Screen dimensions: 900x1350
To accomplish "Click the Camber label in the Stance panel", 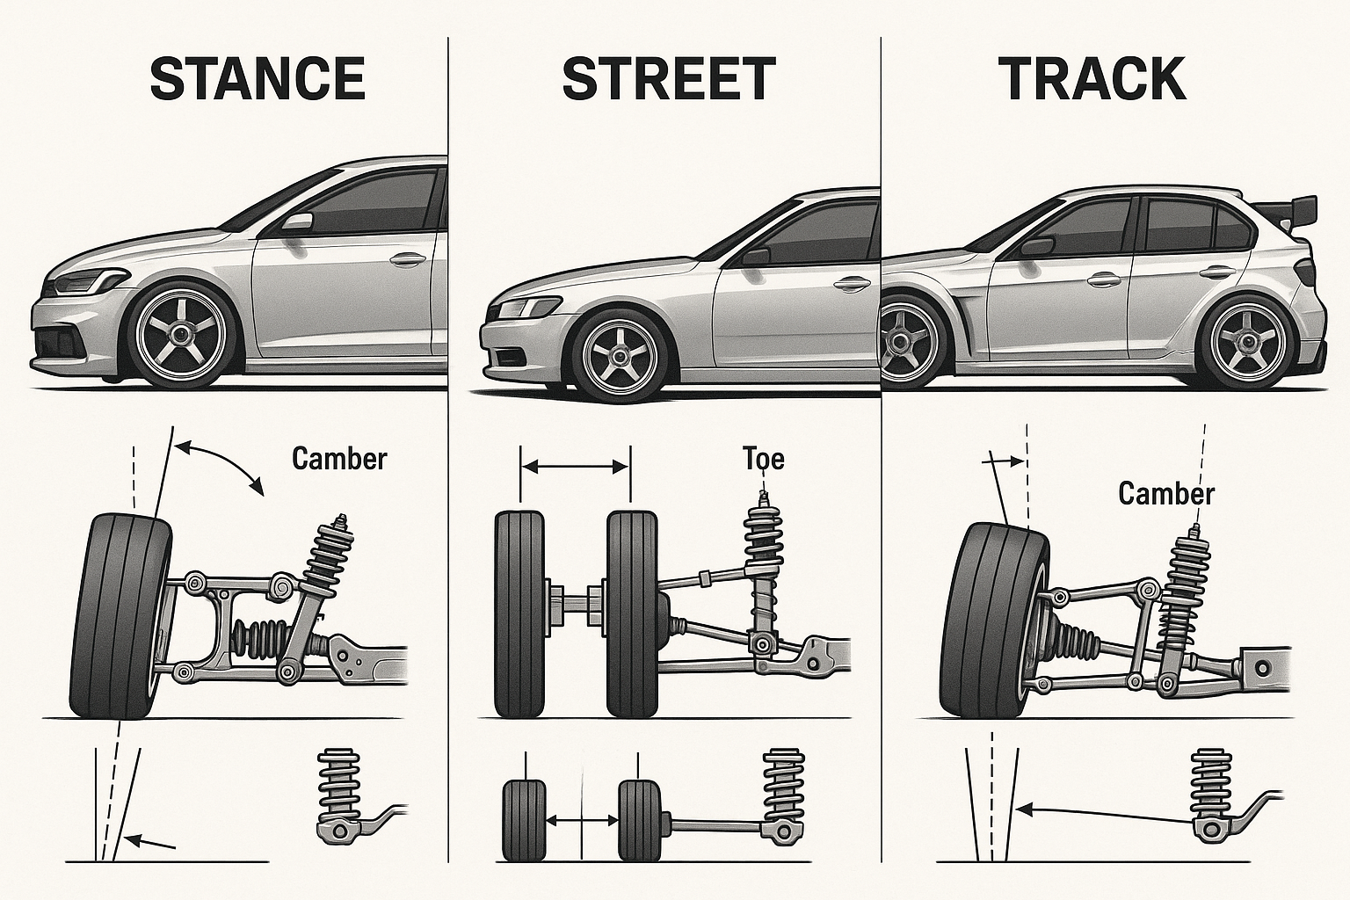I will [339, 459].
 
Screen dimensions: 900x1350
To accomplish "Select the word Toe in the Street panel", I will [763, 458].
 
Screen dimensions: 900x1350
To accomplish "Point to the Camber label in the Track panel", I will [1165, 493].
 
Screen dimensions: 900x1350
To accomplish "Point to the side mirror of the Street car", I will [755, 256].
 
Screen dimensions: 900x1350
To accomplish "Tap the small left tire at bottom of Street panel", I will [524, 819].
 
